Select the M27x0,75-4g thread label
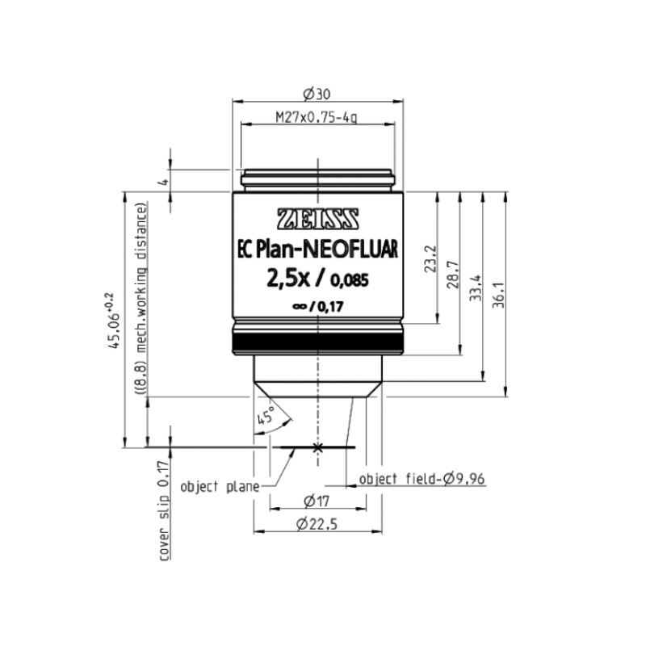[317, 118]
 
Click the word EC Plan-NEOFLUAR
[317, 251]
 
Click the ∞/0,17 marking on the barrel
[317, 307]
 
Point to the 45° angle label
[264, 417]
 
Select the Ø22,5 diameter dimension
[317, 525]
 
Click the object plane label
[220, 486]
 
